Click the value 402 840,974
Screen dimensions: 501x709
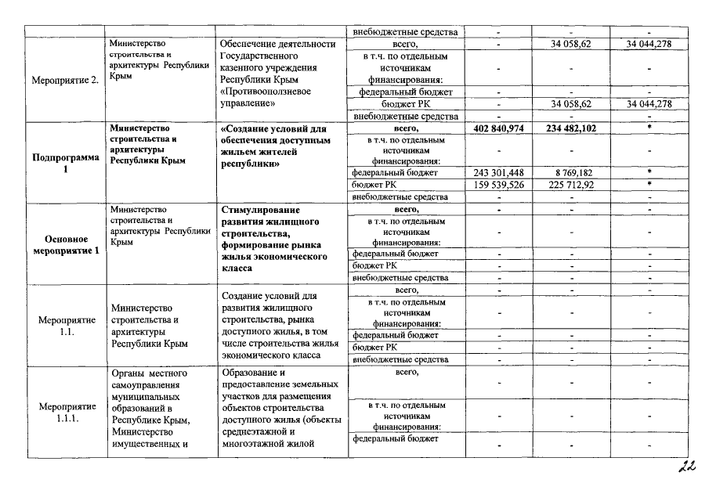[x=499, y=128]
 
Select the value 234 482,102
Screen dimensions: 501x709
[x=570, y=128]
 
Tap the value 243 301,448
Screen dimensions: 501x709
[x=499, y=172]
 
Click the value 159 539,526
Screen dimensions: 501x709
[x=499, y=185]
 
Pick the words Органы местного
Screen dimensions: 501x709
[x=149, y=372]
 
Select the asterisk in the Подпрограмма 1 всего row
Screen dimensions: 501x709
[x=650, y=128]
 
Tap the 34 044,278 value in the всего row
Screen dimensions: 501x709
[x=650, y=45]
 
